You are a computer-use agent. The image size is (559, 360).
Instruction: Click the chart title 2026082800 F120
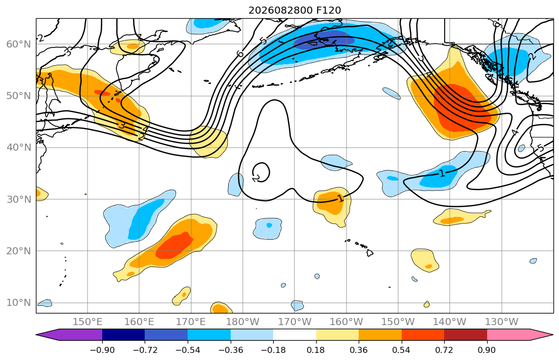[294, 10]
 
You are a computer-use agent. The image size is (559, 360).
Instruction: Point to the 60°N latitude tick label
[19, 44]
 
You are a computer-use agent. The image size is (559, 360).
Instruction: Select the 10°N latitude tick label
[19, 303]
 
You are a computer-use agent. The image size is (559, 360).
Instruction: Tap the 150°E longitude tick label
[88, 322]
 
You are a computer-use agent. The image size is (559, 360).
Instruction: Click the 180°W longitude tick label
[243, 322]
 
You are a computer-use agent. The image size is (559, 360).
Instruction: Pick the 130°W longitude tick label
[502, 322]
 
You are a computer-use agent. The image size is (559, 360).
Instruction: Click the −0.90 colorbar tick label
[102, 350]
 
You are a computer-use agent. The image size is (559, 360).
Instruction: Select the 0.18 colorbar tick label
[316, 350]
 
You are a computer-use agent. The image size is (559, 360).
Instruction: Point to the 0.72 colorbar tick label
[444, 350]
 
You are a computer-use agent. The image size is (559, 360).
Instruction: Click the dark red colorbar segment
[465, 335]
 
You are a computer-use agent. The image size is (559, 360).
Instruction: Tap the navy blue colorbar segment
[123, 335]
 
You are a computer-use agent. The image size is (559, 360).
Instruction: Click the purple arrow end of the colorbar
[69, 335]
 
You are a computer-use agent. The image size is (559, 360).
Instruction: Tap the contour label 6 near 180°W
[240, 54]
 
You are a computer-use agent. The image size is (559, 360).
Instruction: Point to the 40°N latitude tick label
[19, 148]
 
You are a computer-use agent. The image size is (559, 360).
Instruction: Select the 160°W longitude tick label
[346, 322]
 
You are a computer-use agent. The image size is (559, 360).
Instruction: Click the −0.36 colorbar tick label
[230, 350]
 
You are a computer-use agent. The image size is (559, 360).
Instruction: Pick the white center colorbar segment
[294, 335]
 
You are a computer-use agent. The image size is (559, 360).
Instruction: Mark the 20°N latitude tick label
[19, 251]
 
